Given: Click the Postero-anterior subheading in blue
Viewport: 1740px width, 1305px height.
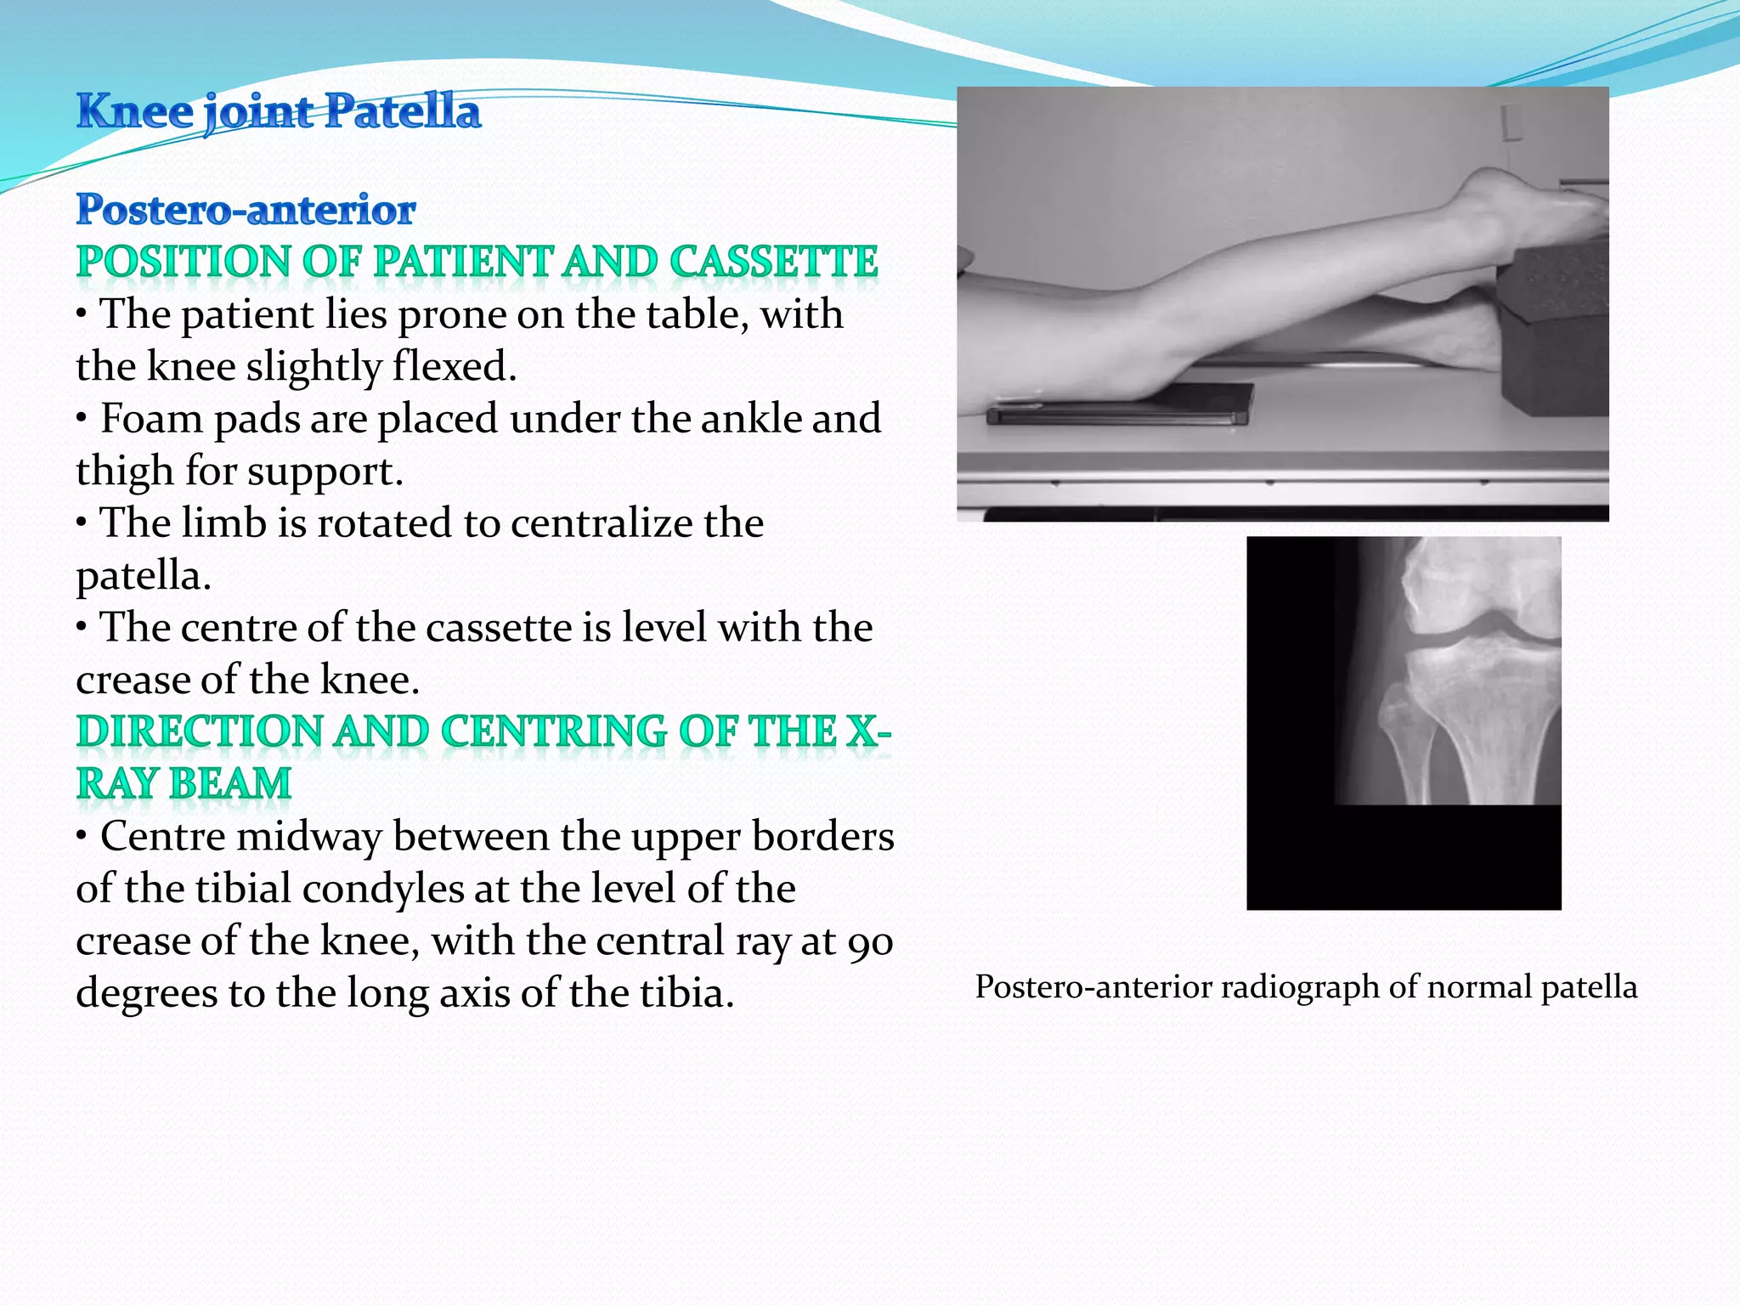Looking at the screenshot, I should pos(246,209).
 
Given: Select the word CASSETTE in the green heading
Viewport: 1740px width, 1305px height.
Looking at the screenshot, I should pos(773,261).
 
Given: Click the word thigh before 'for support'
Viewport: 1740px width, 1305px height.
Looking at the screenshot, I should pos(124,471).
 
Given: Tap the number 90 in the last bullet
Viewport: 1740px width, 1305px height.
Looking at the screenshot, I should pos(870,941).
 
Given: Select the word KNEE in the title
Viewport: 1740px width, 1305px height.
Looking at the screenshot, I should pos(135,111).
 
